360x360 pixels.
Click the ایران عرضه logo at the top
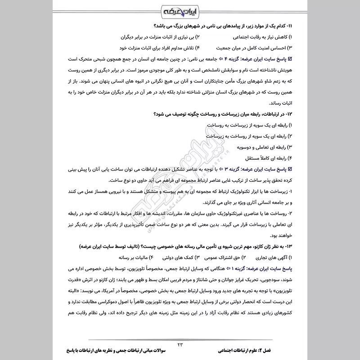coord(180,9)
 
